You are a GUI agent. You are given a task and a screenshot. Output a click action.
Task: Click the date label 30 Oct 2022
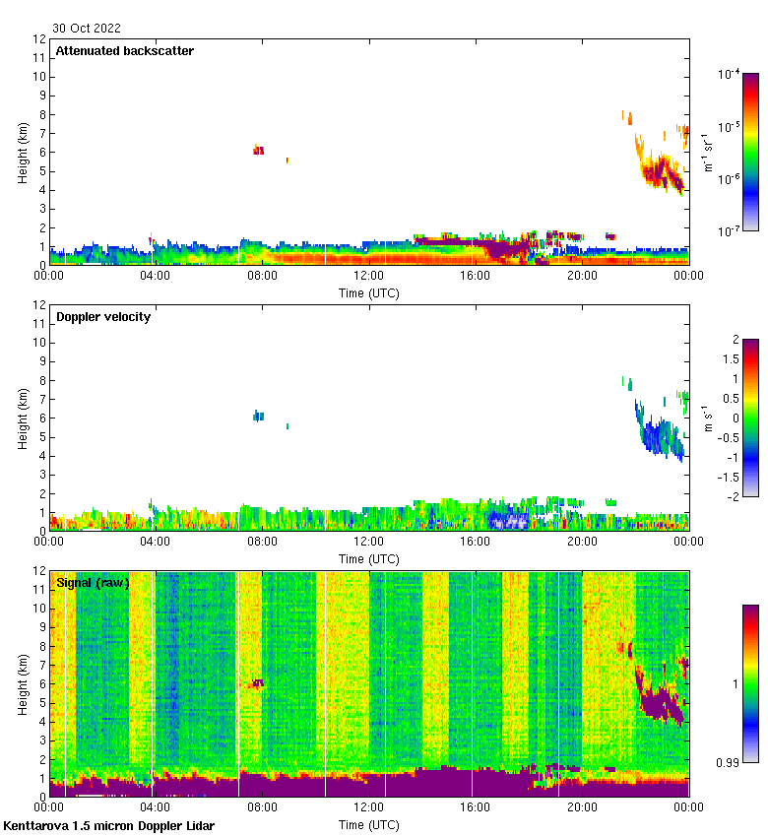(x=87, y=29)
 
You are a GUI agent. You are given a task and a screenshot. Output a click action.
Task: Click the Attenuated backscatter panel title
(x=125, y=51)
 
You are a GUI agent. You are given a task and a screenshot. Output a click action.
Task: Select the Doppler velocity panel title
(x=103, y=317)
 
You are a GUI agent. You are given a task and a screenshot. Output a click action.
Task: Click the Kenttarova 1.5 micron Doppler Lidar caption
(x=108, y=825)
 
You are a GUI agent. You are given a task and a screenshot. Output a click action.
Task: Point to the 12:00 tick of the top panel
(x=369, y=277)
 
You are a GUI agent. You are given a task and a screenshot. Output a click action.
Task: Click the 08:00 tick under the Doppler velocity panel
(x=262, y=543)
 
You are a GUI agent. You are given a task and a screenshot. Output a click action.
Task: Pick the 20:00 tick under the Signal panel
(x=582, y=808)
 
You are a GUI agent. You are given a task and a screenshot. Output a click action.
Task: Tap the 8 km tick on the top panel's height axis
(x=40, y=114)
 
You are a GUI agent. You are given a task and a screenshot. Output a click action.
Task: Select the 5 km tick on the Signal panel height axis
(x=40, y=703)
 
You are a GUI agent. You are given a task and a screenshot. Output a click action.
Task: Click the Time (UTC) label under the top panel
(x=369, y=292)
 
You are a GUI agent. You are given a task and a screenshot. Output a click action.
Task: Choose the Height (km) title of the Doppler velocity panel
(x=23, y=418)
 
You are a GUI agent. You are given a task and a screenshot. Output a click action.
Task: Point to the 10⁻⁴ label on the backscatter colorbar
(x=729, y=74)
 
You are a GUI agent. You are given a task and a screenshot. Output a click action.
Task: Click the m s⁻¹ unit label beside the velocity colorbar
(x=709, y=418)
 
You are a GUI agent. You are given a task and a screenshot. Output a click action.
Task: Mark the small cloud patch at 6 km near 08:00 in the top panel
(x=258, y=150)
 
